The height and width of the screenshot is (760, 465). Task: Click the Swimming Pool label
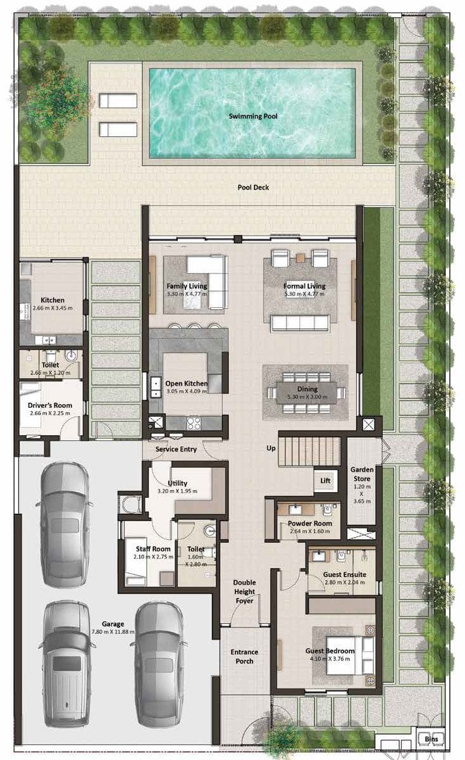point(253,116)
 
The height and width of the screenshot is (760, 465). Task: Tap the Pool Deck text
point(253,187)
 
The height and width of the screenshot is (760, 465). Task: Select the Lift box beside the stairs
point(325,481)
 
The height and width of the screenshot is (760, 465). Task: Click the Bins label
point(431,738)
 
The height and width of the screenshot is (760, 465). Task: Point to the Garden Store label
point(362,474)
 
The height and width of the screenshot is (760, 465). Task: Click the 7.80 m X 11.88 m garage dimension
point(113,632)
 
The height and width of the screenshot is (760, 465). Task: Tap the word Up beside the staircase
point(271,448)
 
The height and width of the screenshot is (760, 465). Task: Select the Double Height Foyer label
point(244,592)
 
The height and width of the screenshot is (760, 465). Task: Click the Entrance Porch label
point(244,657)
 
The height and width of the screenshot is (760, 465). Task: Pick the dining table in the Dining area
point(307,393)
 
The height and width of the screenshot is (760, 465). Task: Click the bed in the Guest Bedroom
point(350,655)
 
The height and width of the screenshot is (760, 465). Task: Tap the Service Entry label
point(176,449)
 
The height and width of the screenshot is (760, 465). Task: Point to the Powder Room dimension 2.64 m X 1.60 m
point(310,531)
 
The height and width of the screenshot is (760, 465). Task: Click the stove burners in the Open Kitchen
point(194,424)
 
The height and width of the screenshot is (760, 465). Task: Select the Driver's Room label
point(50,405)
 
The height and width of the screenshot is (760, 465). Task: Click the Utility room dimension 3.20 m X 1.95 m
point(177,491)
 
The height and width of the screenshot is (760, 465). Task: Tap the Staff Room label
point(153,548)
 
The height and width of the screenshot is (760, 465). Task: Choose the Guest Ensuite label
point(345,574)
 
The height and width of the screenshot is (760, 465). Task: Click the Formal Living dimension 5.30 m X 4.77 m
point(304,294)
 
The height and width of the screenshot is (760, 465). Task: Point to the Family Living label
point(187,286)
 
